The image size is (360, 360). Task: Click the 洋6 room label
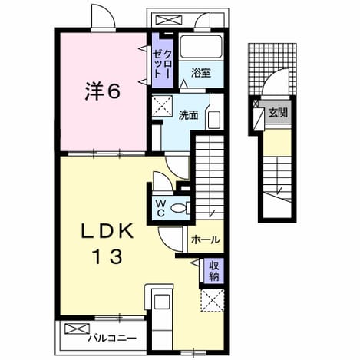click(103, 91)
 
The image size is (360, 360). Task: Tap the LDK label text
click(107, 232)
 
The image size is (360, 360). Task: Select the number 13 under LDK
click(107, 257)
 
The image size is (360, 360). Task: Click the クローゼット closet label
click(162, 63)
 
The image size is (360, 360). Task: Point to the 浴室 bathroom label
click(201, 73)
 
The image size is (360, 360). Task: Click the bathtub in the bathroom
click(201, 47)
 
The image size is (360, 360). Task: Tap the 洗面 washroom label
click(188, 115)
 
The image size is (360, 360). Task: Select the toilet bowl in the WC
click(178, 208)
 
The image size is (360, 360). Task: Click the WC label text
click(160, 208)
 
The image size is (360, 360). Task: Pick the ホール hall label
click(206, 239)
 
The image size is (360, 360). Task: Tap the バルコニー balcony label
click(112, 339)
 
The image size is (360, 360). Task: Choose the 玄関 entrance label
click(278, 112)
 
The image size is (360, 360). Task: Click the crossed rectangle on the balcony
click(78, 329)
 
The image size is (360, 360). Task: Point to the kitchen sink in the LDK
click(162, 304)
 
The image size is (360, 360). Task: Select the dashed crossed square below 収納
click(213, 300)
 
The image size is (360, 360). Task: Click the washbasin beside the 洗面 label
click(214, 120)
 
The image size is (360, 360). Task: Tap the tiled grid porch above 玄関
click(272, 69)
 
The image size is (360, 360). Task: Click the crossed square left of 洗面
click(162, 106)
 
